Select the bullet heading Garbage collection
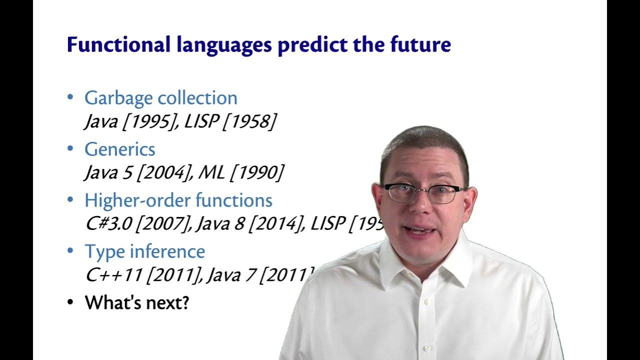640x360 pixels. click(160, 98)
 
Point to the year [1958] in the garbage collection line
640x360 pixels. click(248, 122)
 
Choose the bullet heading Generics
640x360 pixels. click(120, 149)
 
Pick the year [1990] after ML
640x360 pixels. click(256, 173)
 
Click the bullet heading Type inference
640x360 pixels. click(144, 251)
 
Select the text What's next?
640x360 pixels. click(137, 302)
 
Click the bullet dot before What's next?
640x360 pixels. click(70, 302)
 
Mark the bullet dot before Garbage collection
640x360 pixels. click(70, 97)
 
